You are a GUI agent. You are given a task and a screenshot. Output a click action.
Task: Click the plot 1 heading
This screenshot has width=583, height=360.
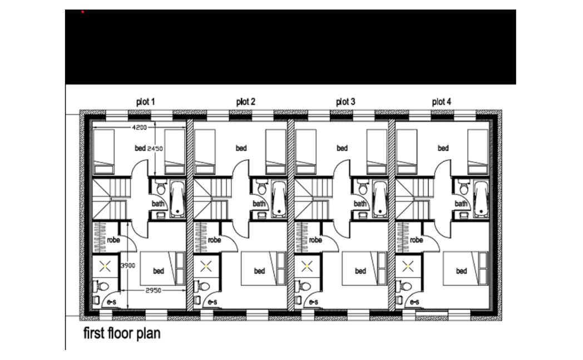tap(145, 101)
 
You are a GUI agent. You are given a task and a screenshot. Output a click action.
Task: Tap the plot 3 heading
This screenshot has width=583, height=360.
tap(345, 101)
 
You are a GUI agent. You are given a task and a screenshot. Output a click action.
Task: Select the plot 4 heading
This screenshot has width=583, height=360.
tap(441, 101)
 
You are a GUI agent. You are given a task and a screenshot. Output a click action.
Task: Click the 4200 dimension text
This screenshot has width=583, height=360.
tap(140, 127)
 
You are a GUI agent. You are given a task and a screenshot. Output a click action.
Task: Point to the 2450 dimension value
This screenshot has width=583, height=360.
tap(155, 149)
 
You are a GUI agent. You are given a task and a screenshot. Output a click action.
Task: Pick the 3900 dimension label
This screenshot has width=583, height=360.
tap(127, 265)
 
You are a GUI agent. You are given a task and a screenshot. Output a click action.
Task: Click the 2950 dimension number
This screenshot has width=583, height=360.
tap(153, 290)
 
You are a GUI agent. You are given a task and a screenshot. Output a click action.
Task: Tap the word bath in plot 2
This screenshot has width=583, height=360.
tap(259, 204)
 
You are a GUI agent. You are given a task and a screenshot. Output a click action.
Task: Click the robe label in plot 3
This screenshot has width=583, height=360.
tap(315, 240)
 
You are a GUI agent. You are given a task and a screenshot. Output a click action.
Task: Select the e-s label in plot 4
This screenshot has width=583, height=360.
tap(414, 302)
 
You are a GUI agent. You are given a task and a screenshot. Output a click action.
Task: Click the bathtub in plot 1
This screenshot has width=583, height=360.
tap(177, 199)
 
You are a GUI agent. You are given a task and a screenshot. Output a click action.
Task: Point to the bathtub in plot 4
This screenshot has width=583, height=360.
tap(481, 199)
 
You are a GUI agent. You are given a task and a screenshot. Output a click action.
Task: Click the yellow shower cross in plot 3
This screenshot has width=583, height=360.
tap(307, 267)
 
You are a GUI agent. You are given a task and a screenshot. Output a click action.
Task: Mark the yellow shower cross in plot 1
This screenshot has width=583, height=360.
tap(105, 267)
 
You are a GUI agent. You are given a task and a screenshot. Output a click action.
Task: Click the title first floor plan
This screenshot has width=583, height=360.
tap(122, 333)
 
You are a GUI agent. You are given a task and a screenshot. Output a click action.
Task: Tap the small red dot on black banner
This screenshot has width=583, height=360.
tap(82, 12)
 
